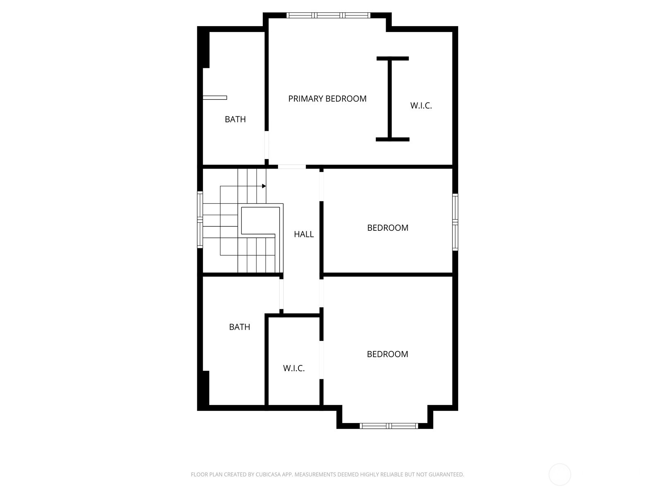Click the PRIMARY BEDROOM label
[x=327, y=99]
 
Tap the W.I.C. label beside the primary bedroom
[x=421, y=106]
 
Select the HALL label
[x=304, y=234]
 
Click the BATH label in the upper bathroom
[x=235, y=119]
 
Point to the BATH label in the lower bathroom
[x=239, y=327]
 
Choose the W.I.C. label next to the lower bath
[x=294, y=368]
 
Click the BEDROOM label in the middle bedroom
[x=388, y=228]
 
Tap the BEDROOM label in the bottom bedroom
[x=387, y=354]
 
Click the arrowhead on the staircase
[x=264, y=186]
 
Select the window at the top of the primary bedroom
[x=328, y=16]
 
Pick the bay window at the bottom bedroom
[x=388, y=426]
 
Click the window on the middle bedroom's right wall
[x=455, y=222]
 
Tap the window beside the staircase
[x=200, y=220]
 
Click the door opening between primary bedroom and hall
[x=292, y=167]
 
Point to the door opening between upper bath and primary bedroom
[x=267, y=145]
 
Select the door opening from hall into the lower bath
[x=281, y=294]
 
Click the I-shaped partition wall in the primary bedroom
[x=391, y=99]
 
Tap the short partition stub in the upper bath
[x=215, y=98]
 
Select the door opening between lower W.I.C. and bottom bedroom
[x=321, y=360]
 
